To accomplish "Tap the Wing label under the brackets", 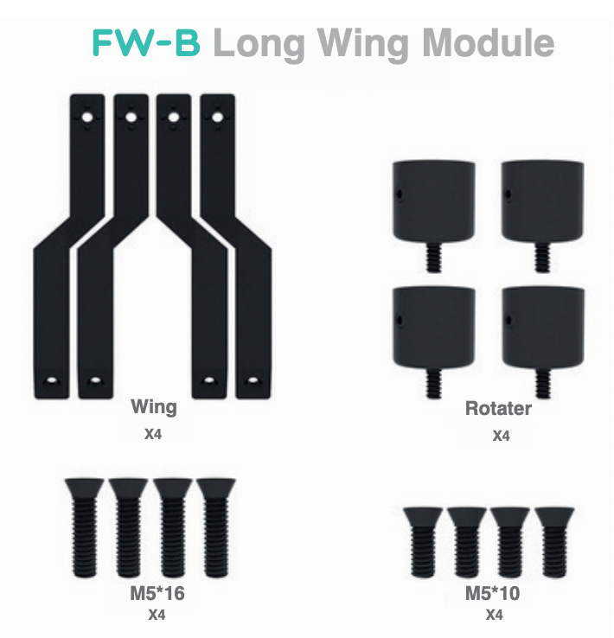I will [153, 406].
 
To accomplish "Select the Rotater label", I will [498, 408].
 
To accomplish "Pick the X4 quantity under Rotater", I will [501, 437].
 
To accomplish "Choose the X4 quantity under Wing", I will [153, 434].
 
